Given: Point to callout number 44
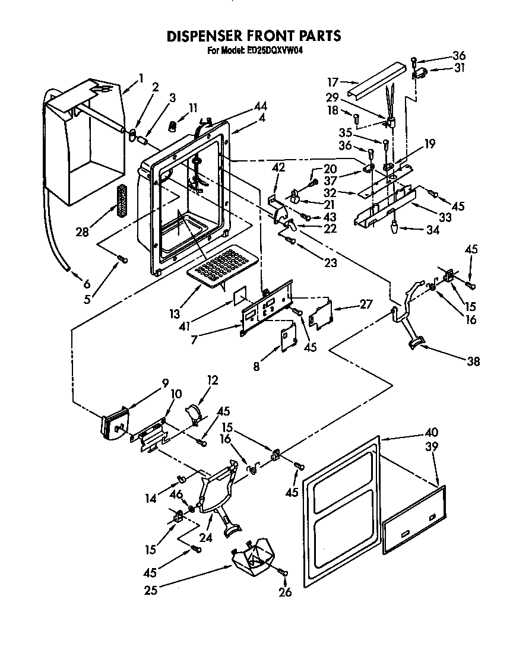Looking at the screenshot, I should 259,107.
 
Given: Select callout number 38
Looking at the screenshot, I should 473,361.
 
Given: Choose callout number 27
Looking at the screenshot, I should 366,304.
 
